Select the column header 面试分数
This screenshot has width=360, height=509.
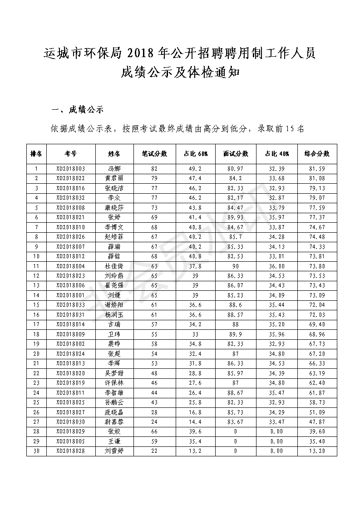tap(236, 154)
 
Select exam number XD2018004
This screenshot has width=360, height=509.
tap(70, 266)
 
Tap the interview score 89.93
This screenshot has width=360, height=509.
tap(236, 217)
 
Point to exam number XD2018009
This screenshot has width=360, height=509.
tap(70, 334)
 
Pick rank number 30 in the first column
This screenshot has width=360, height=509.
tap(36, 451)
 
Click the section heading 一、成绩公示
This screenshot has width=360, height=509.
tap(78, 110)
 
